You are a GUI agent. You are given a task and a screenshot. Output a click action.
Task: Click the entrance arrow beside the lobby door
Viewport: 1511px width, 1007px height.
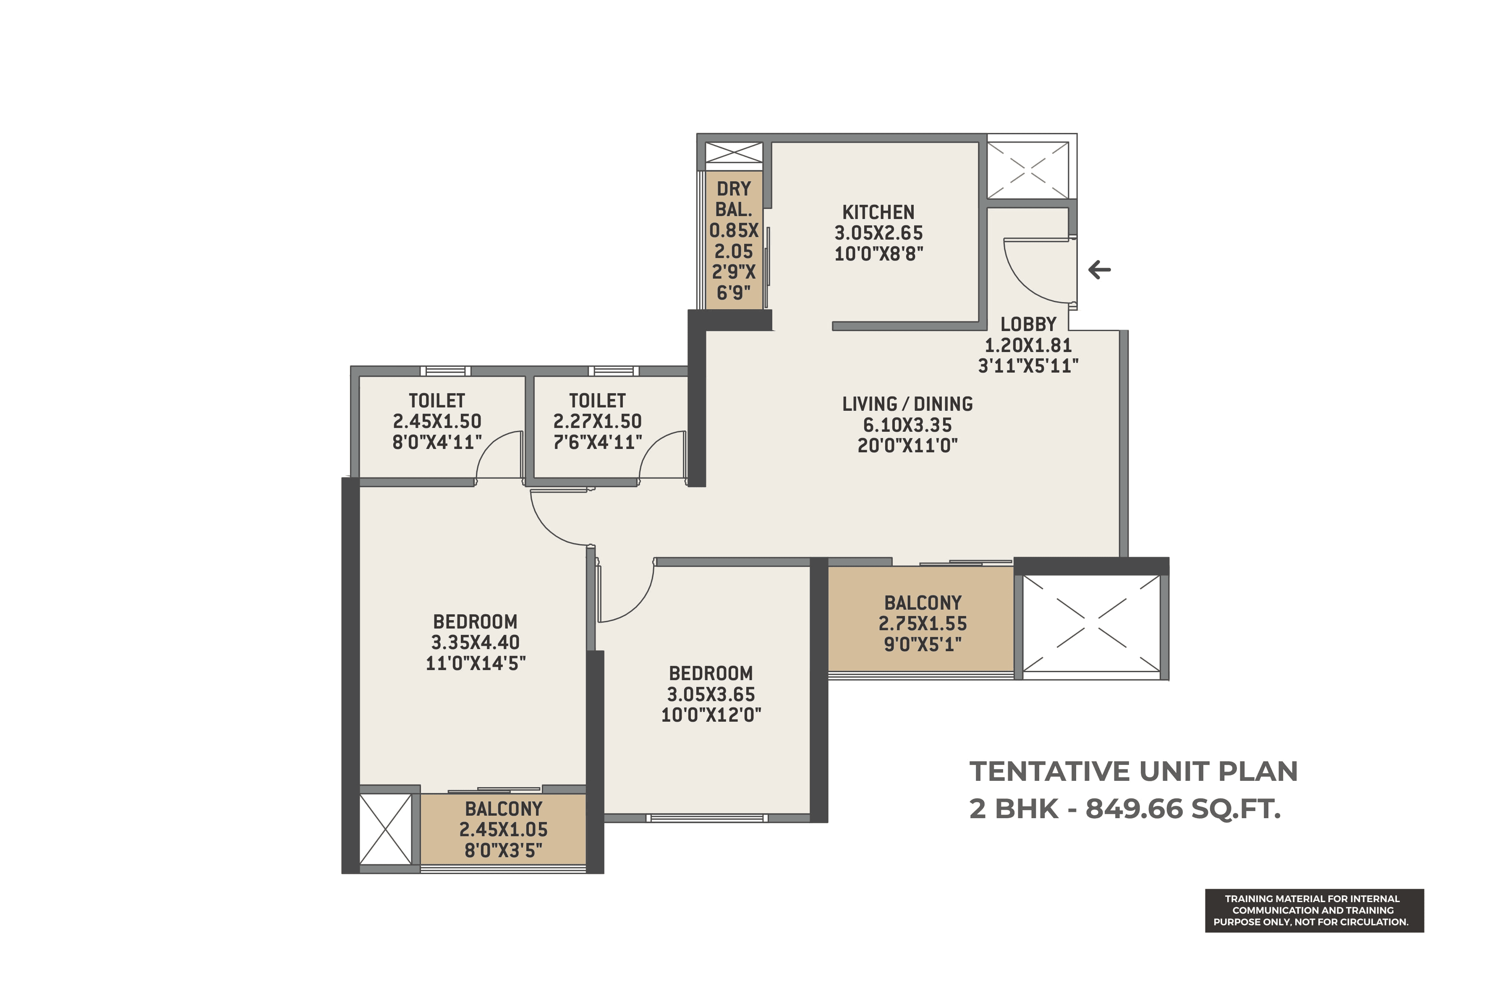1099,270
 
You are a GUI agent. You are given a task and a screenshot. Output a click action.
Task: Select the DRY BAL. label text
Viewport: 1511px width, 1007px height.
734,199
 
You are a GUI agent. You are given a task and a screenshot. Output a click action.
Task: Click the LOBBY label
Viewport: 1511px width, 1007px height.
1028,324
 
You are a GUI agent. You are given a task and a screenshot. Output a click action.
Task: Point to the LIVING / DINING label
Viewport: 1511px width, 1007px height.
907,404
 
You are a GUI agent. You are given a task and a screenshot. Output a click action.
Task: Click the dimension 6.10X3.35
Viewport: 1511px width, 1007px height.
907,425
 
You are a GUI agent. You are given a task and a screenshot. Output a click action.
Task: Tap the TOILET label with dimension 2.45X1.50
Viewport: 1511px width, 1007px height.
437,401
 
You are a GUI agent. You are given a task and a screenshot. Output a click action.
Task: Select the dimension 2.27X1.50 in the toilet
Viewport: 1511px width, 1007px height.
597,421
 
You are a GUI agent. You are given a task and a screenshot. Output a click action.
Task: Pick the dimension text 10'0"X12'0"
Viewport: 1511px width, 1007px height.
711,715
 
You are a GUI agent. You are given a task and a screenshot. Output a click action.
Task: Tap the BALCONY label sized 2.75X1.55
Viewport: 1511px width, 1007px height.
923,603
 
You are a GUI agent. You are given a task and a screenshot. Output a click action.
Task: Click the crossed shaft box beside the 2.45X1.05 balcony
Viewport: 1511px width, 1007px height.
385,829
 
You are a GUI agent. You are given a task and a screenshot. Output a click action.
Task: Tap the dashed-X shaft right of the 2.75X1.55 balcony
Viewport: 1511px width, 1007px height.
1091,624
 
